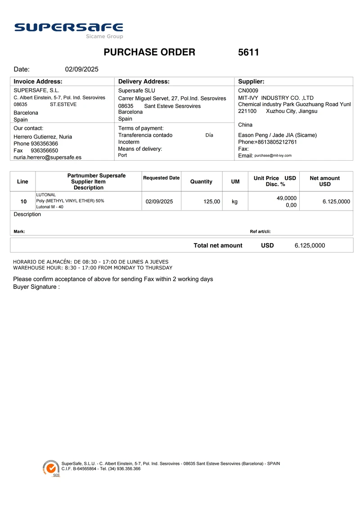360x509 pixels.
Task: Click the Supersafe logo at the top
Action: (68, 29)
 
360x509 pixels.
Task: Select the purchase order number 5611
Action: (248, 52)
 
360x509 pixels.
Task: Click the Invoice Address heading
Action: (38, 81)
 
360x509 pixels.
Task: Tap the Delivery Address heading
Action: (144, 81)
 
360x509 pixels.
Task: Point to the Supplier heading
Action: (251, 81)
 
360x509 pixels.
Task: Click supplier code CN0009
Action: (248, 90)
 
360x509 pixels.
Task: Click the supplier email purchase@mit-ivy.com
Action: (273, 155)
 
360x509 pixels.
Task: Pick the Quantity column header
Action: (201, 181)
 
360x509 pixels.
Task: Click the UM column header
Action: (235, 181)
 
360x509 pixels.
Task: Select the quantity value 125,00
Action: (211, 202)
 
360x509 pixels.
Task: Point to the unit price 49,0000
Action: (286, 198)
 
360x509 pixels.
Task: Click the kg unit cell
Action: (235, 202)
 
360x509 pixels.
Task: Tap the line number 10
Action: (23, 202)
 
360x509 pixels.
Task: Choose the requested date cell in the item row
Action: (159, 202)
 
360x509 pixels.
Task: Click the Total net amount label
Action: (218, 245)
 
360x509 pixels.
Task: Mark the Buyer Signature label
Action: (36, 287)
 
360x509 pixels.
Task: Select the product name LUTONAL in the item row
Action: (46, 195)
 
